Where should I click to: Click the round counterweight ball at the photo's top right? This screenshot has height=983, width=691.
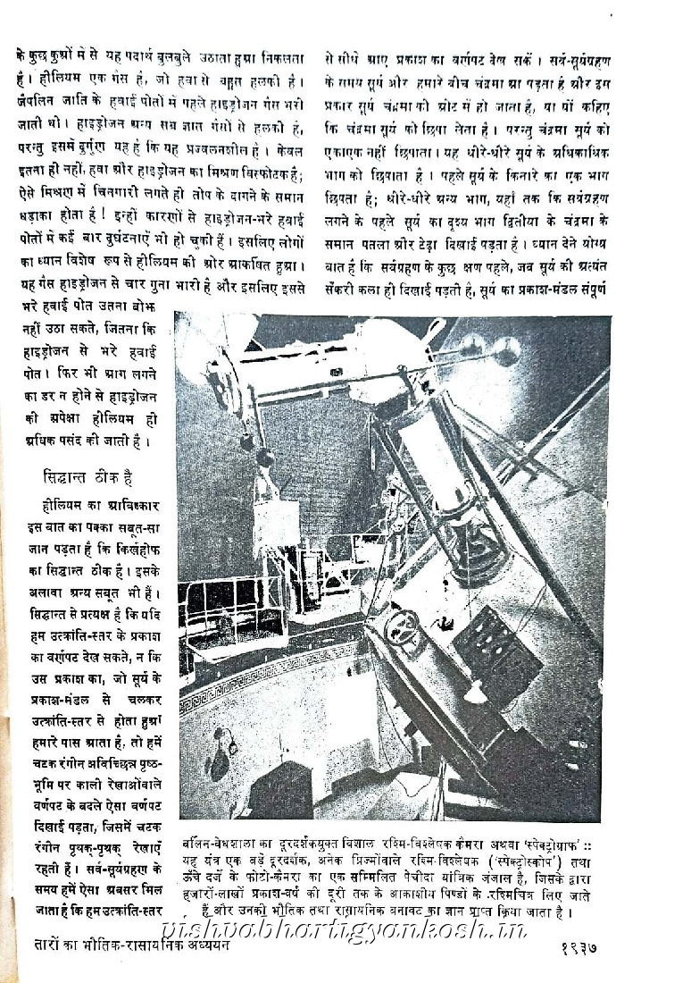[x=507, y=351]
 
